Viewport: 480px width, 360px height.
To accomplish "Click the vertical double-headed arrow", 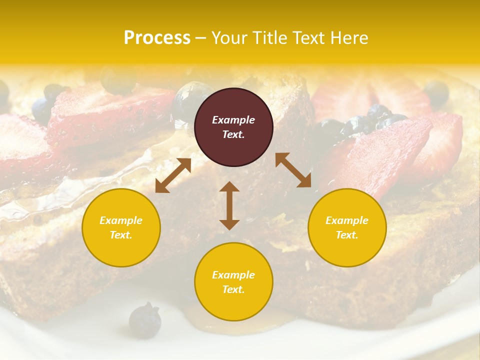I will pos(229,205).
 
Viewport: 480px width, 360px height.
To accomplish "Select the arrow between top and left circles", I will pos(173,175).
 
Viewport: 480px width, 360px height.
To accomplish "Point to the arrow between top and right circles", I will pos(293,170).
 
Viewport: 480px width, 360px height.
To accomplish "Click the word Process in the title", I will pos(157,38).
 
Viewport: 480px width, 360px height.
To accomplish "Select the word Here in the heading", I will pos(349,38).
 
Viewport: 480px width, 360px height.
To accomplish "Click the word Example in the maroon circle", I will pos(233,120).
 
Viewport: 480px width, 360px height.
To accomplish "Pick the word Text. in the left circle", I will pos(121,235).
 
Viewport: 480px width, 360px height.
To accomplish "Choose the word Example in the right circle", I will pos(347,220).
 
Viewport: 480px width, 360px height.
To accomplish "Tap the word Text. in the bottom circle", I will pos(233,289).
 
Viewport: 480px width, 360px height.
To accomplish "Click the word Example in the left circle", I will pos(121,220).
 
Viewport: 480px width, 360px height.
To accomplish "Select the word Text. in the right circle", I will pos(347,235).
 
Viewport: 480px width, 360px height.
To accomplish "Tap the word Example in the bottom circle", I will pos(233,275).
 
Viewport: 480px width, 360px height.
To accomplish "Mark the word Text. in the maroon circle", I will pos(233,134).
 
